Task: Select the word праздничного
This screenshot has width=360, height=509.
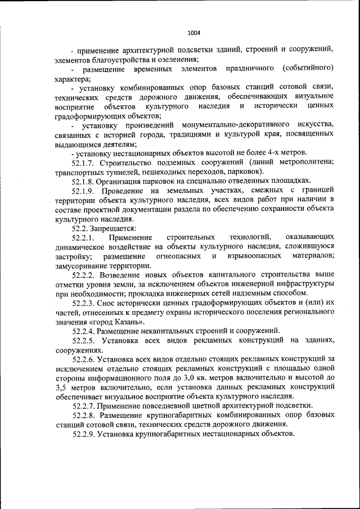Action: [x=250, y=69]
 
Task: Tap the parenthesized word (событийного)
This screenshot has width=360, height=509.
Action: [x=309, y=69]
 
